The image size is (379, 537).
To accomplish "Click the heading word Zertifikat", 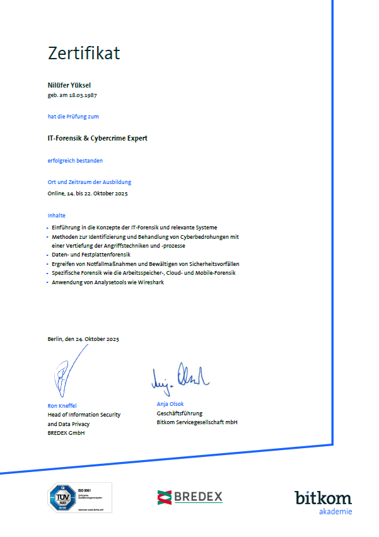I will pos(84,54).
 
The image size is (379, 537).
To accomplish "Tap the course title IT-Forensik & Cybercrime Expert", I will pos(97,138).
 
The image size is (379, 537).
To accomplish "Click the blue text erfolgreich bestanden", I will pos(75,161).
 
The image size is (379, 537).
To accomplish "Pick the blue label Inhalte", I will pos(57,216).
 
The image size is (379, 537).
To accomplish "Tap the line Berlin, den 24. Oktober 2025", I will pos(83,339).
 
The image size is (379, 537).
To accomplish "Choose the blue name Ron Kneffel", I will pos(62,405).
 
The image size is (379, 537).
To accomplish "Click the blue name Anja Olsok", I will pos(170,404).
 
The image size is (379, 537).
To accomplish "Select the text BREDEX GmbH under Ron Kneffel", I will pos(66,433).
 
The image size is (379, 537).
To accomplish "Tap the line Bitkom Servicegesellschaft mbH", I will pos(197,422).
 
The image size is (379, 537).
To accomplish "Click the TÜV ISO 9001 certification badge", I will pos(80,497).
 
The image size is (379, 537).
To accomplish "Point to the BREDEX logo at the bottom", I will pos(190,497).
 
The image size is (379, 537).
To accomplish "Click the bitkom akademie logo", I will pos(323,502).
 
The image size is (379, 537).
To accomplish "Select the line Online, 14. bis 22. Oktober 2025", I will pos(88,193).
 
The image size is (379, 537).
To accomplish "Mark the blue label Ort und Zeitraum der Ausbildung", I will pos(89,183).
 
